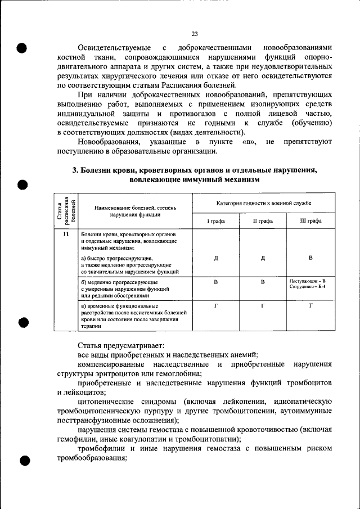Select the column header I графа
click(x=215, y=221)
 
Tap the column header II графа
click(x=263, y=221)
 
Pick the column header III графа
click(x=310, y=221)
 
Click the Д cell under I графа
click(x=216, y=258)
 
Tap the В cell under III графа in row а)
click(x=310, y=258)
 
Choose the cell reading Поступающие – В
click(x=308, y=280)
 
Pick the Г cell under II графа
click(x=263, y=305)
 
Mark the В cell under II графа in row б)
click(x=263, y=282)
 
